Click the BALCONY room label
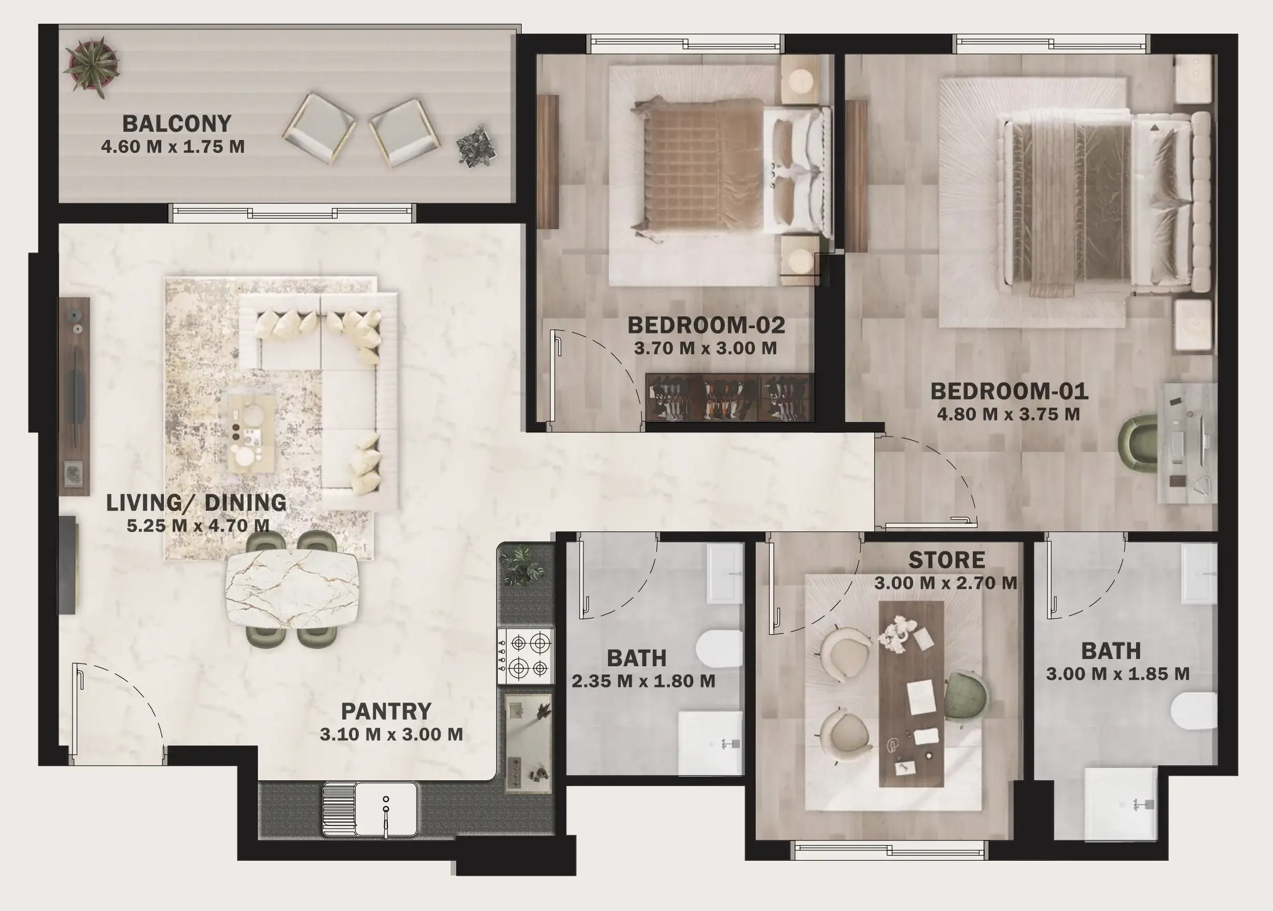click(x=177, y=124)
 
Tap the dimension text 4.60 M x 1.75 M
click(x=173, y=147)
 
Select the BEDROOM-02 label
click(x=706, y=326)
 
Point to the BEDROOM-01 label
click(x=1009, y=391)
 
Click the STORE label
click(x=946, y=560)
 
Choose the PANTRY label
click(x=386, y=711)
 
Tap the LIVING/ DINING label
click(x=197, y=502)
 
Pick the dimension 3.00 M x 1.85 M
click(x=1117, y=674)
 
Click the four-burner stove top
click(x=526, y=655)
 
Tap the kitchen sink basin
click(x=386, y=809)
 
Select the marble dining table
click(x=292, y=588)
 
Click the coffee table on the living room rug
click(x=251, y=432)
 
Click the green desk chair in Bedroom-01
click(x=1138, y=441)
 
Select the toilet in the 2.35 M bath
click(x=720, y=649)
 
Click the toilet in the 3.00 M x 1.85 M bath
click(x=1193, y=711)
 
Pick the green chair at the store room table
click(x=965, y=696)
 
